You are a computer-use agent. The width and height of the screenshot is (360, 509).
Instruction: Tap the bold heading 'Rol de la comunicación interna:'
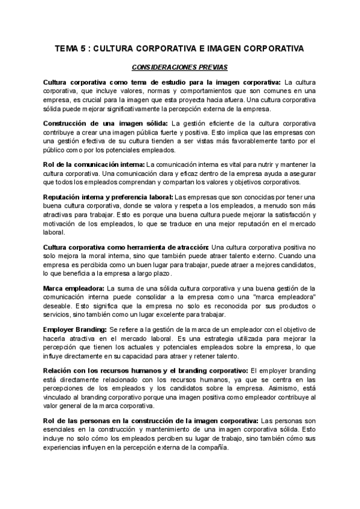(x=94, y=164)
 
